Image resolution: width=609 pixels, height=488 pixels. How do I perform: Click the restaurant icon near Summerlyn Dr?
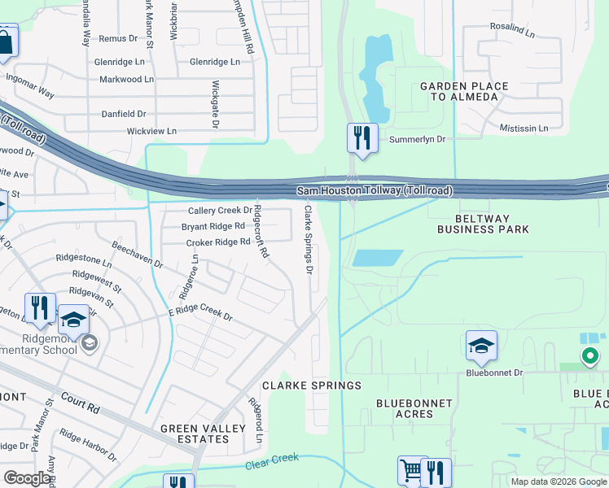(362, 137)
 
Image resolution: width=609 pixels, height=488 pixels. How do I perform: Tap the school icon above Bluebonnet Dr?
(481, 346)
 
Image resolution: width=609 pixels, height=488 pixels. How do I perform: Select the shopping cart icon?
(412, 470)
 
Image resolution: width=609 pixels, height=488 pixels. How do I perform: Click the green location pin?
(589, 355)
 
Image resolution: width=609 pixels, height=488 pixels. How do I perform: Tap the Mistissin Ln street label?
(520, 128)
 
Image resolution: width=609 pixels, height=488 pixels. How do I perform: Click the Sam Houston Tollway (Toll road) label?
(374, 190)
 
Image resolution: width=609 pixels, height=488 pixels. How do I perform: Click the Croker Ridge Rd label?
(217, 242)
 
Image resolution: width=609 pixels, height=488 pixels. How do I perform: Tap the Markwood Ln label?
(126, 80)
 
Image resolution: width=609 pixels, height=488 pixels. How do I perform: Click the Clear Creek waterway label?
(273, 465)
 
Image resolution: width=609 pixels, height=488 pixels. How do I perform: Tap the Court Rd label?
(80, 402)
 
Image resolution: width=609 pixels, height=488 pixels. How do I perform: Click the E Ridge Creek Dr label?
(200, 313)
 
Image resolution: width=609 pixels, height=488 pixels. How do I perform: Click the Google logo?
(28, 478)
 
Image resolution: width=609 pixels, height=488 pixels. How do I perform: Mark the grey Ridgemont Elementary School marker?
(89, 343)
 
